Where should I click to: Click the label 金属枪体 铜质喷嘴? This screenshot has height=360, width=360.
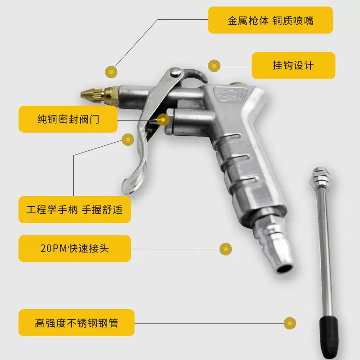click(270, 20)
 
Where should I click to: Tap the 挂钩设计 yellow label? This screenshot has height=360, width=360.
click(293, 65)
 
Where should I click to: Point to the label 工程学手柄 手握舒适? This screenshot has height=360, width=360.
click(74, 209)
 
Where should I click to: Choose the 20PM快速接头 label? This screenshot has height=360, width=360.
click(74, 248)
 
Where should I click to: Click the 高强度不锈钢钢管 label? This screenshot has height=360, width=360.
click(76, 323)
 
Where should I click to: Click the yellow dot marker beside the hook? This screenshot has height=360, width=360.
click(215, 66)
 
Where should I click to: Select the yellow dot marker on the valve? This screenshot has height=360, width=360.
click(163, 120)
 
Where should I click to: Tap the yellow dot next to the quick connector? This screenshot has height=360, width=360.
click(225, 248)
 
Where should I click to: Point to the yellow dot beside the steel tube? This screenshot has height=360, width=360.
click(290, 323)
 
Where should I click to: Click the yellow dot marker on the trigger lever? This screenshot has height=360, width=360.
click(129, 140)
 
